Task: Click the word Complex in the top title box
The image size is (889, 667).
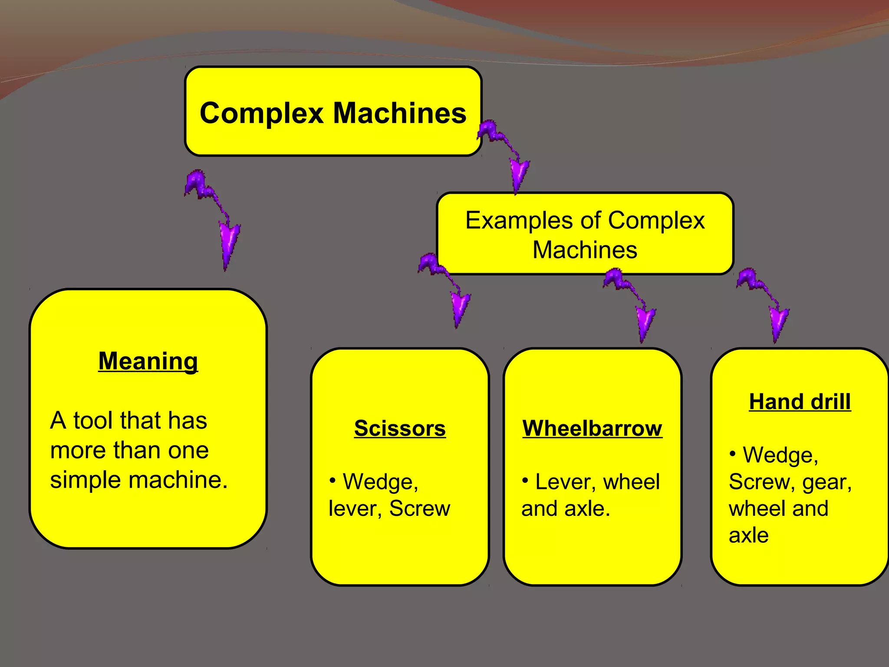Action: point(262,114)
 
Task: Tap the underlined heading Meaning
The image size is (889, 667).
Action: point(148,361)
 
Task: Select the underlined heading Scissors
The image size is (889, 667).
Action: point(400,429)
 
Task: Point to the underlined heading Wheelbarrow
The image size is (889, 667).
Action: point(592,429)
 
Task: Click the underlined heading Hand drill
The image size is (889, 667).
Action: point(800,402)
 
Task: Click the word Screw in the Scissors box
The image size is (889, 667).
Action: point(419,509)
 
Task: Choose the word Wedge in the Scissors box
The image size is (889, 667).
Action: point(380,482)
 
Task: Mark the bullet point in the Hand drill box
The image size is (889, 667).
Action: point(733,454)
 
